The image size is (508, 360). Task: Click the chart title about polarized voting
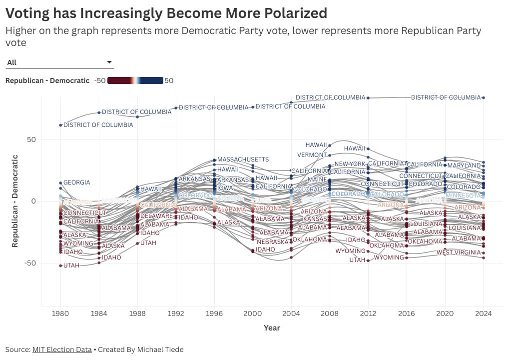click(166, 12)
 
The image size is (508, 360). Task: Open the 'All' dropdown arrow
click(109, 62)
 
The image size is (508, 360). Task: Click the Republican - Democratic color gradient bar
click(135, 80)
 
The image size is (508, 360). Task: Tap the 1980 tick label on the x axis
click(61, 313)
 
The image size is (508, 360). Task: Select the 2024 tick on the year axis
click(484, 313)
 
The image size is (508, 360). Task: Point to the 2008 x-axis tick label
click(330, 313)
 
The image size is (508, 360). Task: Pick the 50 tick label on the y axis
click(31, 139)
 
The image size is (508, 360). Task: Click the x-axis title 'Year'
click(272, 328)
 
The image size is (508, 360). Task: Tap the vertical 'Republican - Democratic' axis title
click(15, 201)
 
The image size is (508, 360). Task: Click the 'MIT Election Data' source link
click(62, 349)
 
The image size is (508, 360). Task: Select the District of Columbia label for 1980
click(98, 125)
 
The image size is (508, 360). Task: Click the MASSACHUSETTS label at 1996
click(243, 159)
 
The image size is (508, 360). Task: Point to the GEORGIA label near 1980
click(76, 182)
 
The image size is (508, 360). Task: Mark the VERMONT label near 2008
click(312, 155)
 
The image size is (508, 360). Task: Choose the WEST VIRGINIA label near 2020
click(459, 252)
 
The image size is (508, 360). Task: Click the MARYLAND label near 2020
click(464, 165)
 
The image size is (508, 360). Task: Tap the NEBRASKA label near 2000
click(272, 242)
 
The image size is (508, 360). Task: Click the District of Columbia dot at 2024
click(484, 97)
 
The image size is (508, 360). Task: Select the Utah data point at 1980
click(60, 265)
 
